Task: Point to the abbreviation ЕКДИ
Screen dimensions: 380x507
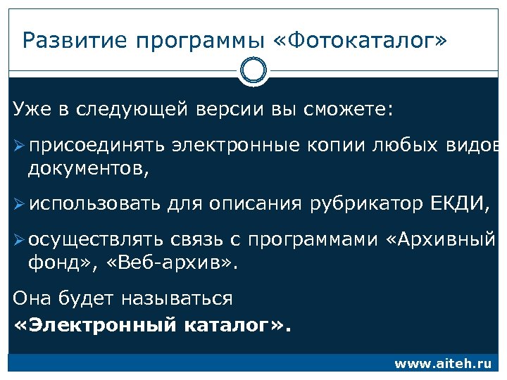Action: (458, 204)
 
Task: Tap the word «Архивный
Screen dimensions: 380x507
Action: (443, 240)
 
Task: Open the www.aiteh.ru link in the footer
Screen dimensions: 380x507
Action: (442, 364)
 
